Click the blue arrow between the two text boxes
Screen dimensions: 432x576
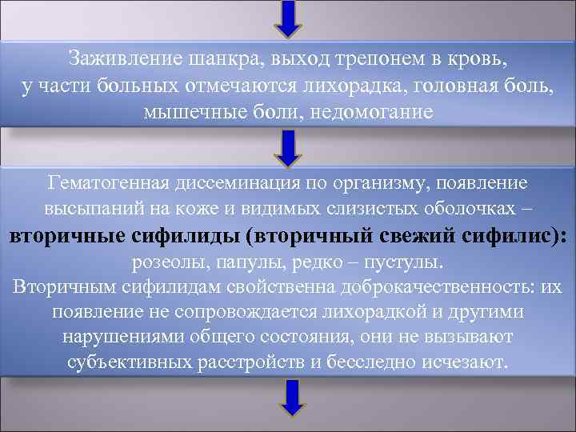(289, 148)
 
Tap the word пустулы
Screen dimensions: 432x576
(406, 262)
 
